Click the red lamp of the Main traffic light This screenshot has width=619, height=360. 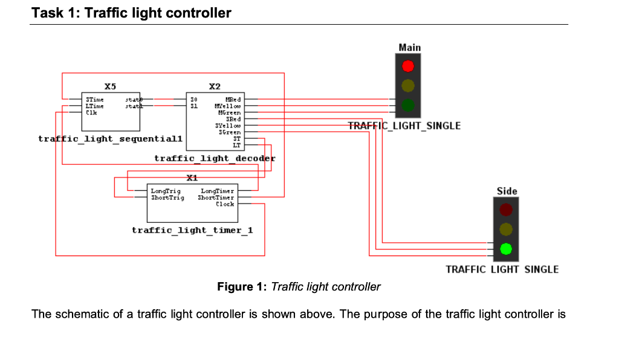(x=408, y=65)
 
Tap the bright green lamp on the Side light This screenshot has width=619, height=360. (x=506, y=248)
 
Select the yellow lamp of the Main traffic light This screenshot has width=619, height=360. (x=408, y=85)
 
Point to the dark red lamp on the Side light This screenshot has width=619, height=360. (x=506, y=209)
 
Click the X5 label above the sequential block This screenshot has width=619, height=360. (x=110, y=86)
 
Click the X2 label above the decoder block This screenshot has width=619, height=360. (x=215, y=86)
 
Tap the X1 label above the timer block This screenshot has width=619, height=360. (x=192, y=178)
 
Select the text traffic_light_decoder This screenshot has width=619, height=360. (x=215, y=158)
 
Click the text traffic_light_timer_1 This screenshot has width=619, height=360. (x=192, y=230)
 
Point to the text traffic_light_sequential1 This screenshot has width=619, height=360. (x=110, y=139)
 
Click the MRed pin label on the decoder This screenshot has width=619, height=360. (x=233, y=99)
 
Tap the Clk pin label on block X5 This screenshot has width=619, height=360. (x=91, y=112)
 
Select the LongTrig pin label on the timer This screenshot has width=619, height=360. (x=165, y=191)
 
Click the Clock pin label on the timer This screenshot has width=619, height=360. (x=225, y=204)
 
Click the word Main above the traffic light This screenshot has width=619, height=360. (x=409, y=47)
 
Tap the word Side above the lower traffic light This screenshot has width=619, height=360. (x=507, y=191)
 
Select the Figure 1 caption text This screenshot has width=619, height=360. (x=299, y=286)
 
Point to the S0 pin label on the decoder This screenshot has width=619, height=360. (x=194, y=99)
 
